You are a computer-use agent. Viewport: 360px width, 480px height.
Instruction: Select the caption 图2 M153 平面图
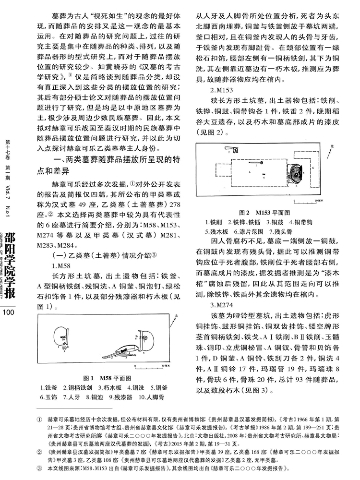point(271,212)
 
